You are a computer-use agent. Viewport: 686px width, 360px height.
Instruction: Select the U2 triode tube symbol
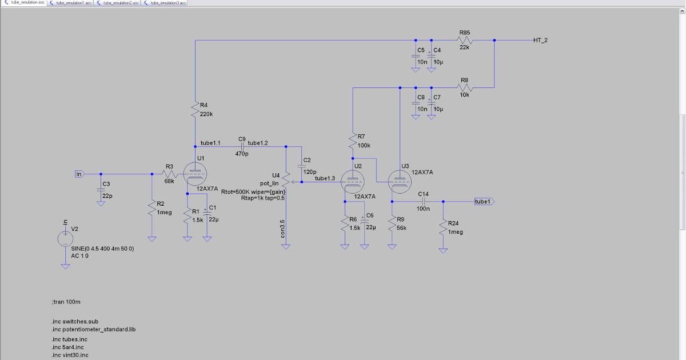coord(353,182)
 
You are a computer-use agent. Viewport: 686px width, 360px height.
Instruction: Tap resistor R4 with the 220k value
coord(196,109)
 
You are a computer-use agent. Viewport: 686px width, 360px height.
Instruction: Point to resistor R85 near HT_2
coord(464,41)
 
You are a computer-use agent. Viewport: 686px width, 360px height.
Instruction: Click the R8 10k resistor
coord(464,88)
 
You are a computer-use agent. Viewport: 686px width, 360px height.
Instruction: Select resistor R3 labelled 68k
coord(169,174)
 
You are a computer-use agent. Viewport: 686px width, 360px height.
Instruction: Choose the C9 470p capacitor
coord(242,147)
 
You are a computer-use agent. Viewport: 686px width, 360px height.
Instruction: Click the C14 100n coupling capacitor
coord(424,202)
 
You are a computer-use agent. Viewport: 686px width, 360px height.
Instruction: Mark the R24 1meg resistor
coord(442,228)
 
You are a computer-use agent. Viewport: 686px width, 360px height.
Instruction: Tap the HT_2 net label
coord(540,40)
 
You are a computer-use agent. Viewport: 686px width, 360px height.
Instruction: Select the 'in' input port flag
coord(79,173)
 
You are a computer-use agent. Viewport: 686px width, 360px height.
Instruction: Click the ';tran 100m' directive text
coord(67,301)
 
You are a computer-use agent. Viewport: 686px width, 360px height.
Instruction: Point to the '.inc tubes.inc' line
coord(69,339)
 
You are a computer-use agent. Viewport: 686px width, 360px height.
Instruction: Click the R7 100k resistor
coord(353,141)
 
